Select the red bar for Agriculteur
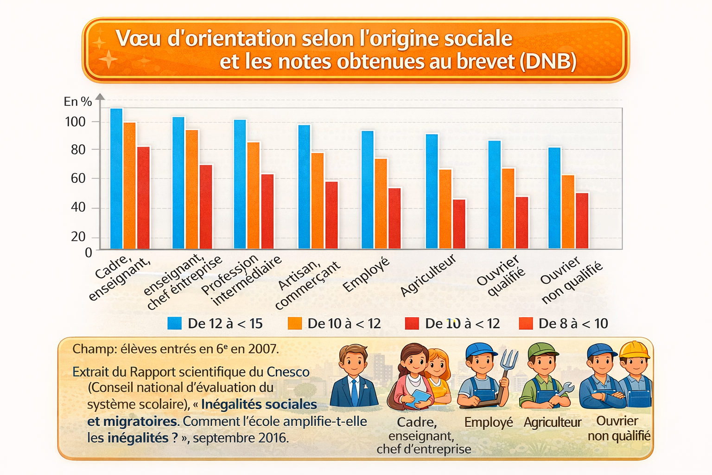[459, 224]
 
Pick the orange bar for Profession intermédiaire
[254, 195]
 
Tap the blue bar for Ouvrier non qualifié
[554, 198]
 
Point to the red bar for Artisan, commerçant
[331, 214]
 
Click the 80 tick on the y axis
[78, 150]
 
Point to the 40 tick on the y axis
[78, 207]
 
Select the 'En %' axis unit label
[77, 102]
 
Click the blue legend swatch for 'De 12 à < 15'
[175, 323]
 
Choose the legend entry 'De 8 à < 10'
[573, 323]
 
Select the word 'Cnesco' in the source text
[288, 372]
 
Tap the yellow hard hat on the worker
[635, 350]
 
